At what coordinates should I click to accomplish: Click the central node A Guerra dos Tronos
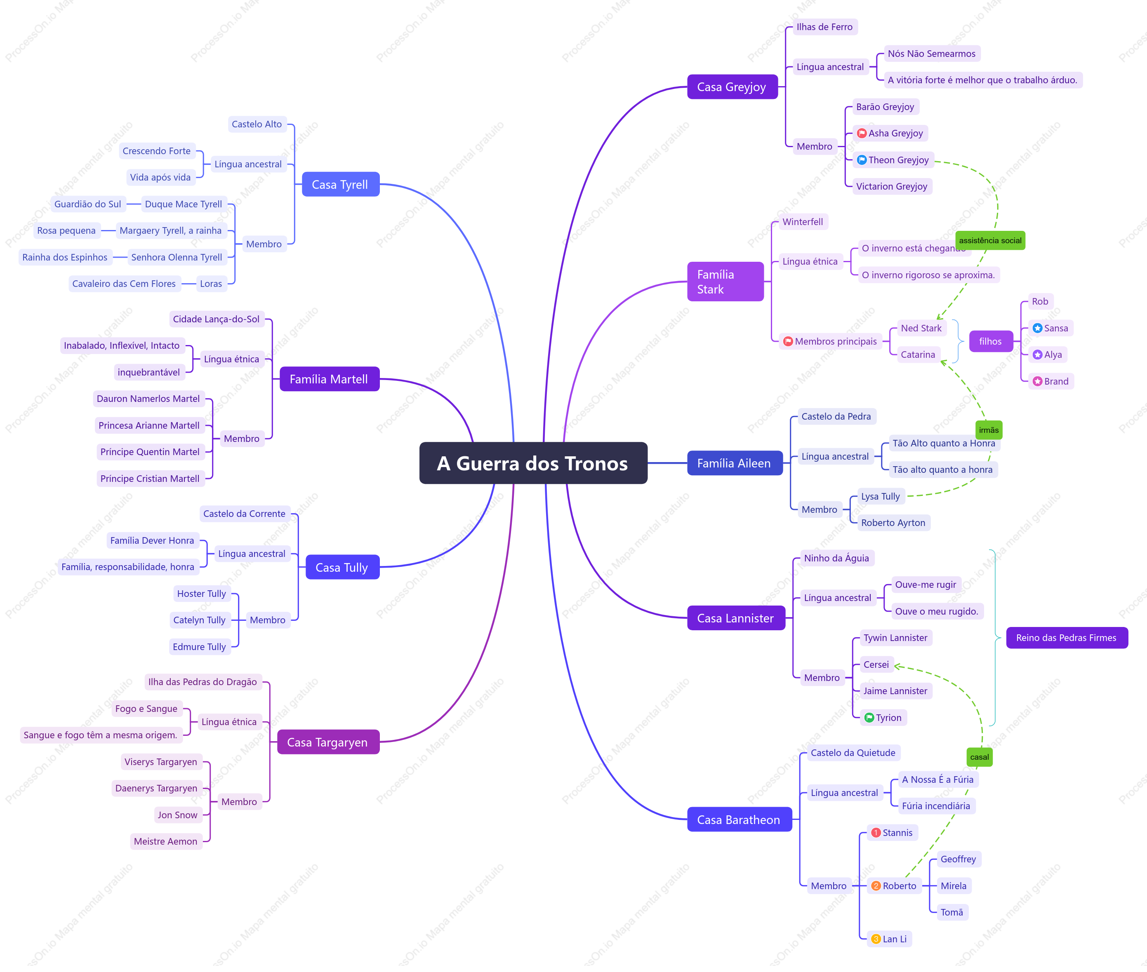click(533, 463)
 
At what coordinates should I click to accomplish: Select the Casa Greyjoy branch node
click(732, 87)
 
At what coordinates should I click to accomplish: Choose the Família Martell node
click(329, 379)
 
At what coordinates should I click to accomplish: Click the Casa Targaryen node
click(328, 742)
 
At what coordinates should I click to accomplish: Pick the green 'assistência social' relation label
click(990, 240)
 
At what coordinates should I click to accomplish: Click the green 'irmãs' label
click(988, 430)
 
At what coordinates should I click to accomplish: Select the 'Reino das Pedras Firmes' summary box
click(1067, 638)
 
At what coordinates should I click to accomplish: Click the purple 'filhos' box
click(990, 341)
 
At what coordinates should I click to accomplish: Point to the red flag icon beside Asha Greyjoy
click(862, 133)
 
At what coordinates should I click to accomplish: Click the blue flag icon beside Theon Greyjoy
click(862, 160)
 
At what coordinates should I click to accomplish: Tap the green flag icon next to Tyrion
click(869, 717)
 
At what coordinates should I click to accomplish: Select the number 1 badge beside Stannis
click(876, 833)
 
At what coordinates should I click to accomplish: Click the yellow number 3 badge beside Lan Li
click(876, 939)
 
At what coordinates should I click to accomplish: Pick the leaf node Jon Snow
click(177, 815)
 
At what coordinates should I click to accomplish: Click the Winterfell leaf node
click(803, 221)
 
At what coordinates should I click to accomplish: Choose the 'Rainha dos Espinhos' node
click(65, 257)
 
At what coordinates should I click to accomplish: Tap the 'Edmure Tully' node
click(200, 647)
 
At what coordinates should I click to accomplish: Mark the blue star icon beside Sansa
click(1037, 328)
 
